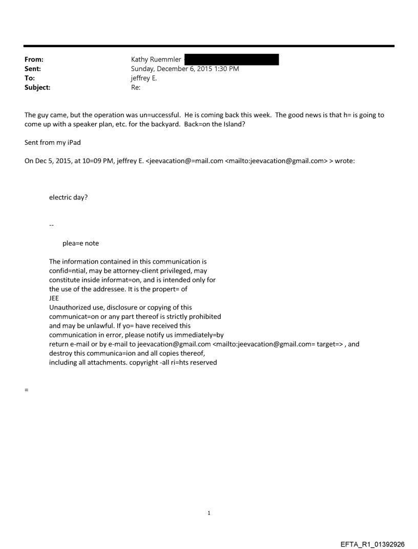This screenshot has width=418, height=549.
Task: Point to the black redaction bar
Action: (231, 60)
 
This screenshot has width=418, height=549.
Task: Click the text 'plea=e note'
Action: (80, 243)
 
